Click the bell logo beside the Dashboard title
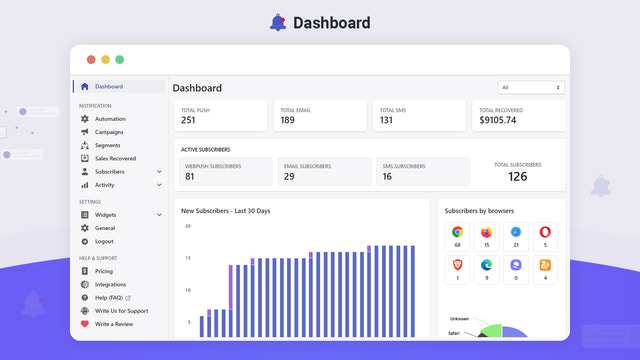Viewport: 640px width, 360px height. pyautogui.click(x=278, y=22)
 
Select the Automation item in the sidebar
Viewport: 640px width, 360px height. pyautogui.click(x=110, y=119)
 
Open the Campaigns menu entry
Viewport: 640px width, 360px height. pyautogui.click(x=110, y=132)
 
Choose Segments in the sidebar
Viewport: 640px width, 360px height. pyautogui.click(x=107, y=145)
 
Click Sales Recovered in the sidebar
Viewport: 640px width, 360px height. pyautogui.click(x=115, y=158)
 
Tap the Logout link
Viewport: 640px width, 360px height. pyautogui.click(x=104, y=241)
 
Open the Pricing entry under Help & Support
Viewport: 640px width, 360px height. pyautogui.click(x=104, y=271)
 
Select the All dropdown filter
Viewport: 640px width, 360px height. pyautogui.click(x=532, y=87)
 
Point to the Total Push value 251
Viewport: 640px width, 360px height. pyautogui.click(x=188, y=120)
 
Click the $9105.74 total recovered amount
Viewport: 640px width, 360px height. pyautogui.click(x=498, y=120)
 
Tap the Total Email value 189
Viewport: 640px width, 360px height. pyautogui.click(x=287, y=120)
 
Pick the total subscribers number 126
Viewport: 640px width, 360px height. pyautogui.click(x=517, y=176)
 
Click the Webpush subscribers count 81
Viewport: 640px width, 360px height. pyautogui.click(x=190, y=176)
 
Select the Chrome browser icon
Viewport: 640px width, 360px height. pyautogui.click(x=457, y=232)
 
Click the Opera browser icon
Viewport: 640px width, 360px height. pyautogui.click(x=544, y=232)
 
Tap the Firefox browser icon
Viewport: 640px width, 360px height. pyautogui.click(x=486, y=232)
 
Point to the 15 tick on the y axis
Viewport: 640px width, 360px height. pyautogui.click(x=187, y=258)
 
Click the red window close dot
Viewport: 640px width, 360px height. pyautogui.click(x=91, y=59)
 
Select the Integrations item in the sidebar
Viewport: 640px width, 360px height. pyautogui.click(x=110, y=284)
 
